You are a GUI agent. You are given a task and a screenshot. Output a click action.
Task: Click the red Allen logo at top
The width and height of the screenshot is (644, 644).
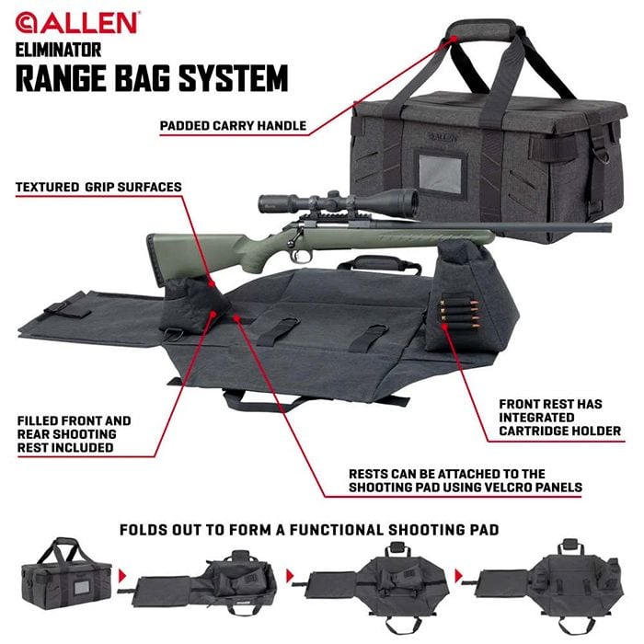[x=76, y=23]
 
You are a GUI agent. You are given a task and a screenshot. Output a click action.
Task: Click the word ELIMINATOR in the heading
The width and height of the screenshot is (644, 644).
[x=58, y=50]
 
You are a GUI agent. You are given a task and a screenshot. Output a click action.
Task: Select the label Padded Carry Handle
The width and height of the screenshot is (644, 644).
[x=233, y=126]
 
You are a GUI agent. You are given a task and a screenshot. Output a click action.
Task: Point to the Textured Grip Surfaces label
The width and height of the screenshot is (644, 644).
[x=98, y=188]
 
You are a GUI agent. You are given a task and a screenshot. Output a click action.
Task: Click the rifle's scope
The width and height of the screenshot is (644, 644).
[x=338, y=201]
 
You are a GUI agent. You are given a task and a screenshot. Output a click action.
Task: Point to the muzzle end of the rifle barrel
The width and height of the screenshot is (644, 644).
[x=609, y=227]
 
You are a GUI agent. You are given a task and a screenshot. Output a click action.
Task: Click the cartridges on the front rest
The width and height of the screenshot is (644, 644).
[x=459, y=311]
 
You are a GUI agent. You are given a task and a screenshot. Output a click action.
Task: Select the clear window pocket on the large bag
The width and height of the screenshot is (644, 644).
[x=441, y=174]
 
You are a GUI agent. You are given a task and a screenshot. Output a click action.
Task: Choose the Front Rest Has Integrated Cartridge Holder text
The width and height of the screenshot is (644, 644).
[x=559, y=418]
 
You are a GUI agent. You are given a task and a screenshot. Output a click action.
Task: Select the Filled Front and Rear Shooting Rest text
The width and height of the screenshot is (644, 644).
[x=74, y=434]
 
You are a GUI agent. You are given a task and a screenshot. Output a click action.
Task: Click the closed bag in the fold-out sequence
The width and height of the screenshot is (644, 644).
[x=66, y=573]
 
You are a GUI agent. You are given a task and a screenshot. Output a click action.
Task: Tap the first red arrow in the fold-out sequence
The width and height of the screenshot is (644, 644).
[x=122, y=576]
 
